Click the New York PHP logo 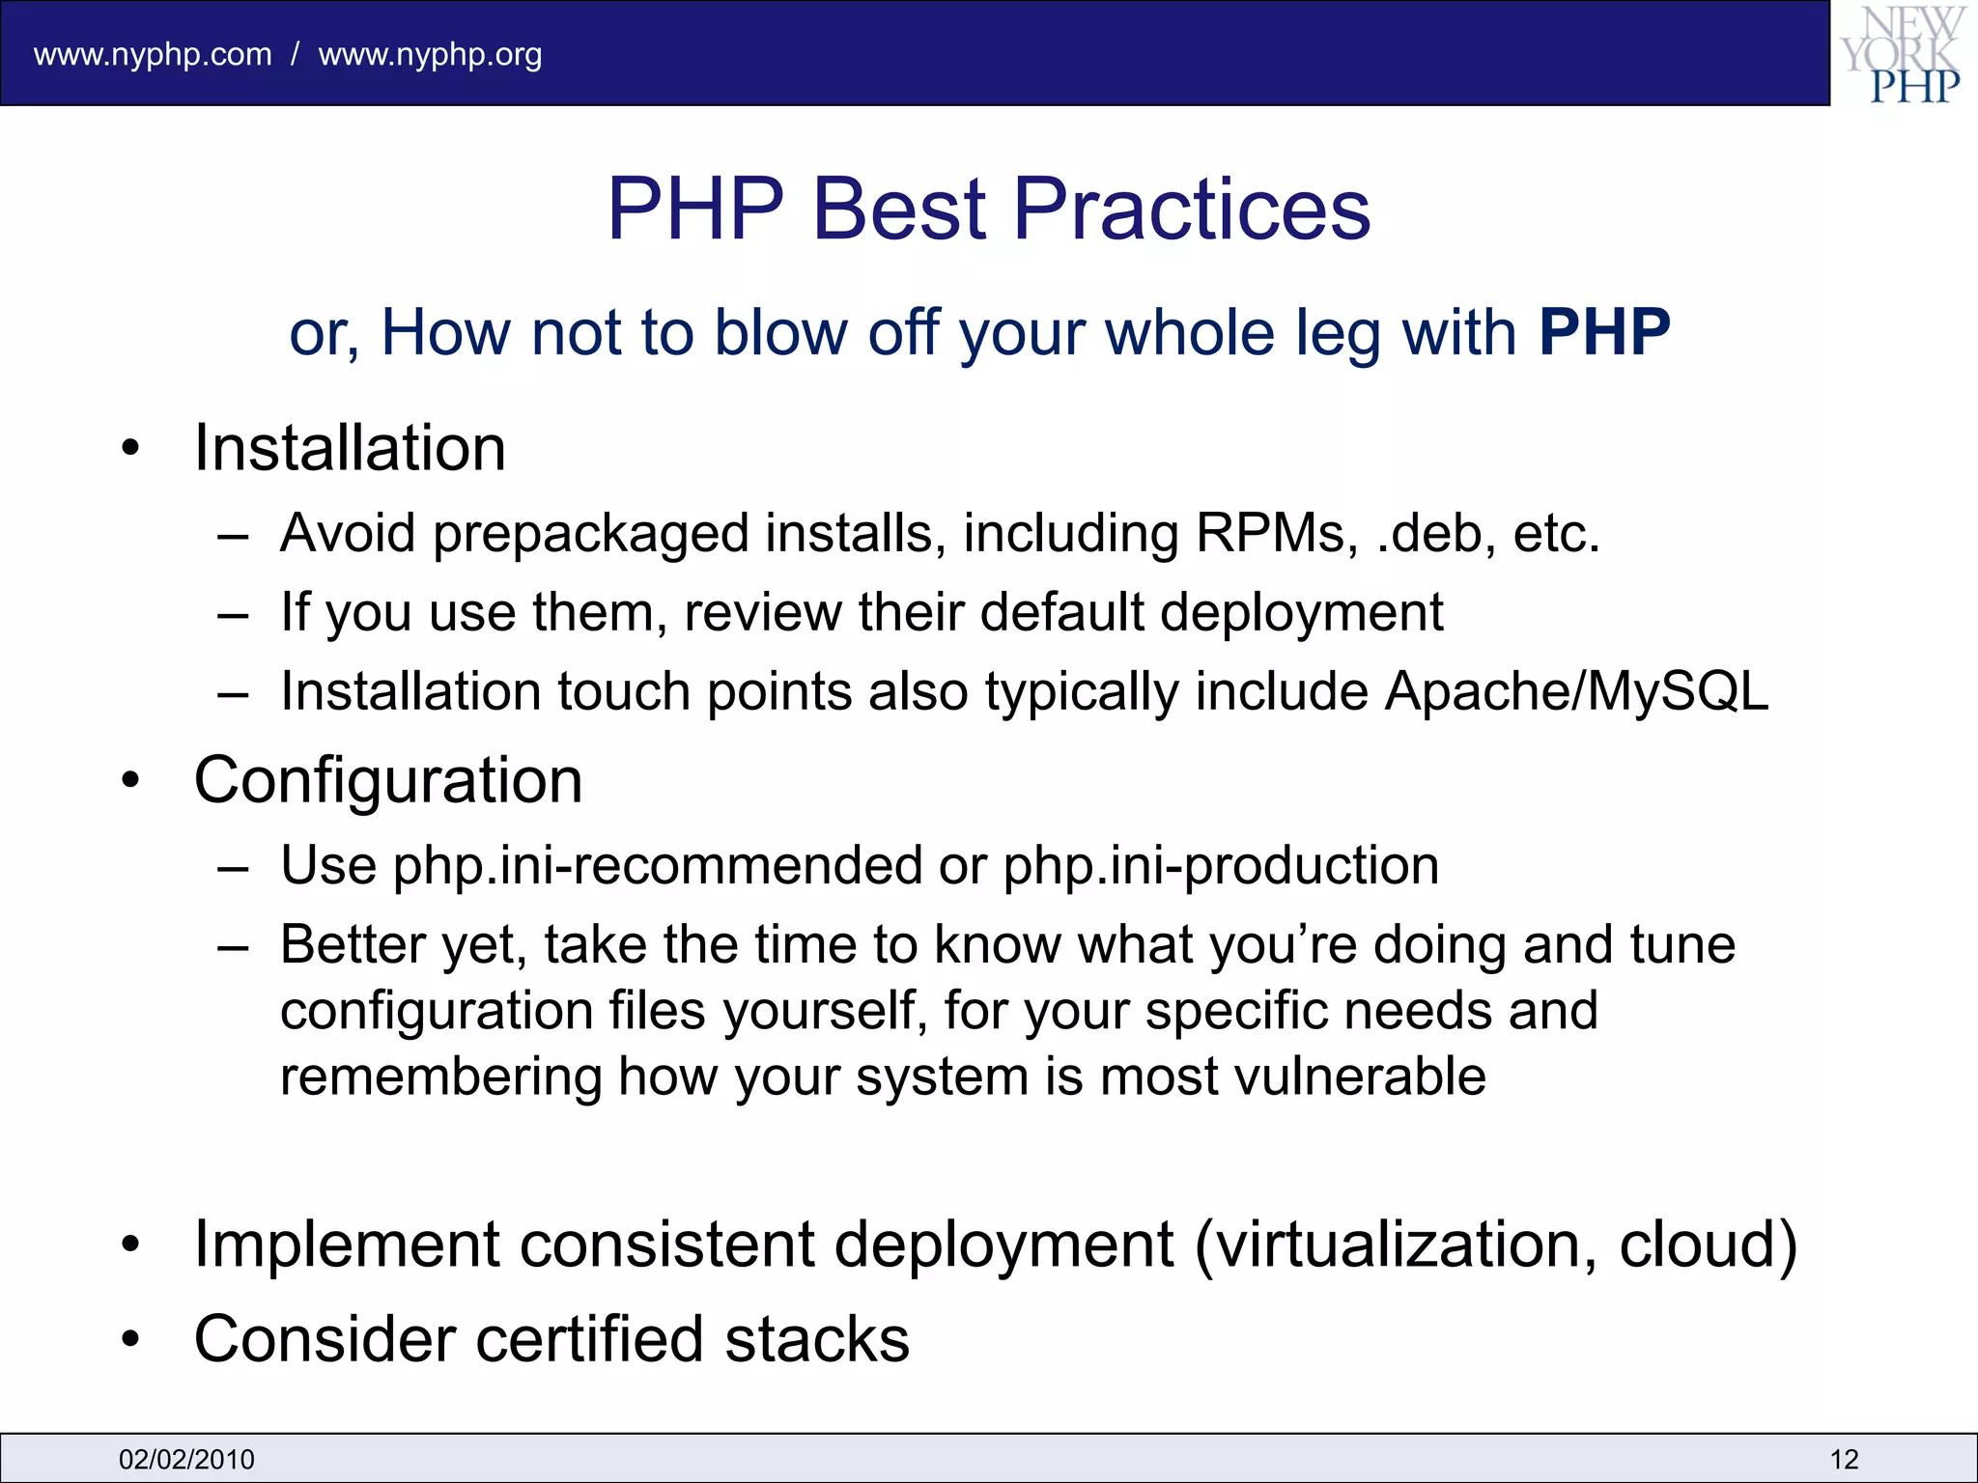click(x=1903, y=54)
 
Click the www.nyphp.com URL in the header click(x=153, y=55)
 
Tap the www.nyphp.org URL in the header click(x=430, y=55)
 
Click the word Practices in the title click(x=1191, y=210)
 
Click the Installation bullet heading click(x=350, y=449)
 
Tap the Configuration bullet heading click(x=388, y=780)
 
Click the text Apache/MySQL click(x=1576, y=692)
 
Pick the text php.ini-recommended click(x=657, y=866)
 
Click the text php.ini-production click(x=1221, y=866)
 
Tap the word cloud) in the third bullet click(x=1708, y=1245)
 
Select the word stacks click(x=817, y=1340)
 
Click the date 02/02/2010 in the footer click(x=186, y=1459)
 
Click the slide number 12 click(x=1844, y=1459)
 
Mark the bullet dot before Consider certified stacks click(x=131, y=1340)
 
